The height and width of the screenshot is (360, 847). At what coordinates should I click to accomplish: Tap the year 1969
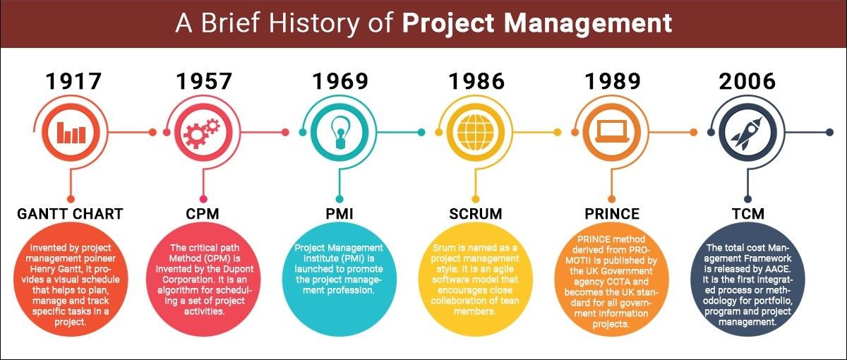340,82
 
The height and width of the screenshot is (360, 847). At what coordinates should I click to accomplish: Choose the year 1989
612,82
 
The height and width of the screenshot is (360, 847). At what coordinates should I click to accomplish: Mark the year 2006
747,82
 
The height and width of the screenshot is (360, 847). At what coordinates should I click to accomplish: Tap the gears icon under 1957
202,132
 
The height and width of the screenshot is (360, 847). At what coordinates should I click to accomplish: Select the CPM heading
203,213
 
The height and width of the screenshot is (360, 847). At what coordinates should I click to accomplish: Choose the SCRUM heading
475,213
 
